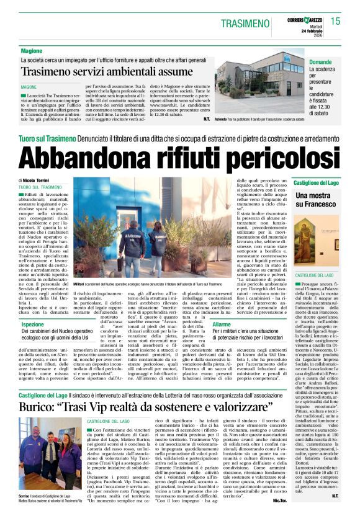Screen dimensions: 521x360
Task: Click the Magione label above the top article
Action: point(32,51)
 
